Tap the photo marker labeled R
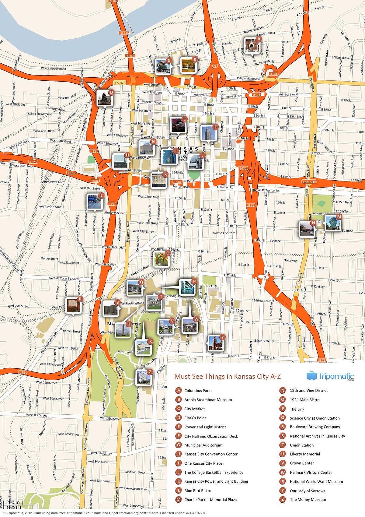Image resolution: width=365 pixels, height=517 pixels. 74,306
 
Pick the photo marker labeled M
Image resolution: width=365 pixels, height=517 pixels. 333,223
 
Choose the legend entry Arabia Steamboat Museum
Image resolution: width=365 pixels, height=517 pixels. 208,400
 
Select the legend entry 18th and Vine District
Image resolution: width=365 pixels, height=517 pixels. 309,390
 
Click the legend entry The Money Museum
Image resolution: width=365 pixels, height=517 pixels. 308,500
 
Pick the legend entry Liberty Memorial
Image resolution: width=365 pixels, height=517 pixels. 305,454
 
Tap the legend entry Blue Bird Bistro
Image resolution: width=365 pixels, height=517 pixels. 198,491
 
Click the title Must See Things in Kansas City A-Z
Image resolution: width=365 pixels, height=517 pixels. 228,377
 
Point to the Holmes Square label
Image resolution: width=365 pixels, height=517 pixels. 224,233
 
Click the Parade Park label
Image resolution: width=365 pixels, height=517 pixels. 322,214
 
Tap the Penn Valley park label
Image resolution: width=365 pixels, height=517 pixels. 126,352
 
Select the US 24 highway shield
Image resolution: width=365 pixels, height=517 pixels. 273,74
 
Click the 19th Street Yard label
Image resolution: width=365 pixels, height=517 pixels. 49,207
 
